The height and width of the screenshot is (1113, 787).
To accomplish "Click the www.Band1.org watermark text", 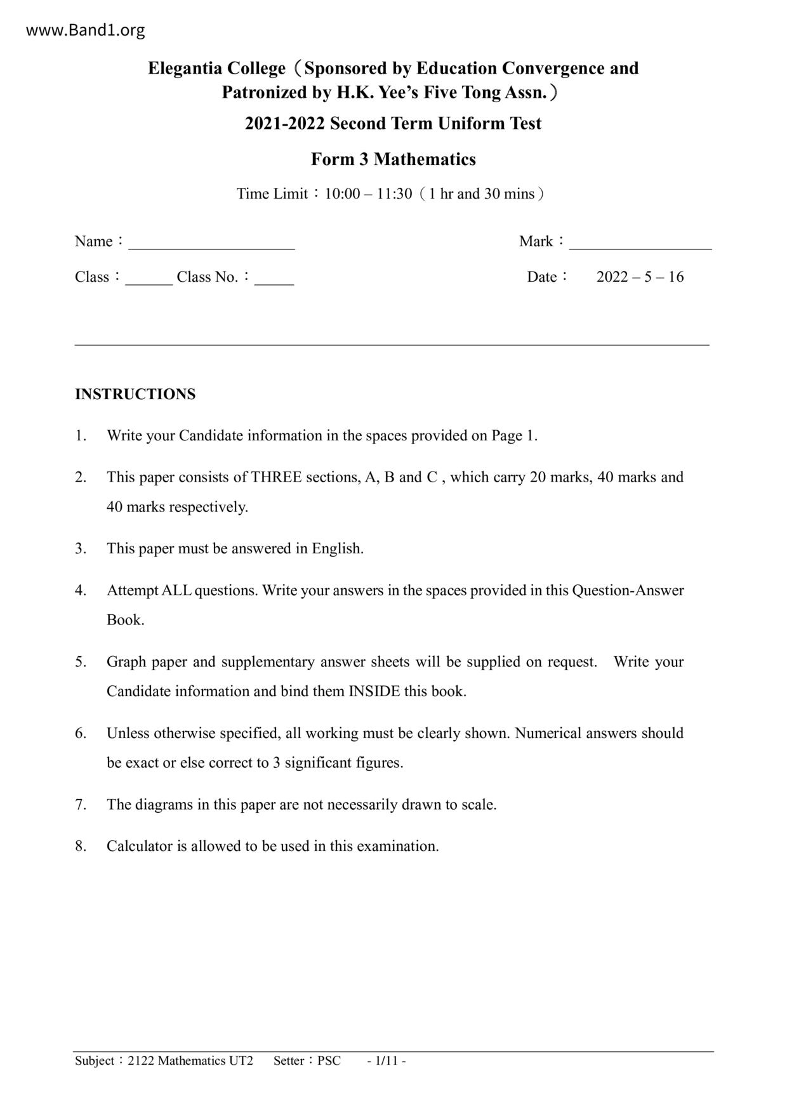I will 85,30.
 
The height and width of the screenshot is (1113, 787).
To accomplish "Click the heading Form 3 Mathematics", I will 393,159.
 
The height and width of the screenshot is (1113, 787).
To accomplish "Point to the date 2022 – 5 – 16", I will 640,277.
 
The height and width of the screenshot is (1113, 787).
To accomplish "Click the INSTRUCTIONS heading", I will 135,394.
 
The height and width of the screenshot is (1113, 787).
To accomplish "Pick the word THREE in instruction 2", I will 276,477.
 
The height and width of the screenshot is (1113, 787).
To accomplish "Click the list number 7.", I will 80,805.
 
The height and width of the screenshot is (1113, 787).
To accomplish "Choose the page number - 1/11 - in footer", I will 386,1061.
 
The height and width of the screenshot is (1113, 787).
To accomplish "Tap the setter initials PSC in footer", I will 329,1061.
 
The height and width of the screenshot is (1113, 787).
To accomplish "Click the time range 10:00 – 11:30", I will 368,194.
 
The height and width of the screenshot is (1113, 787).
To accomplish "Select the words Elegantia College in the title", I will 216,69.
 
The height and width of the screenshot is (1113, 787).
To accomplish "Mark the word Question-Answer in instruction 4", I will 628,591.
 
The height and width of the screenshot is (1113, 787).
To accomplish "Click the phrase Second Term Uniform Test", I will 435,124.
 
